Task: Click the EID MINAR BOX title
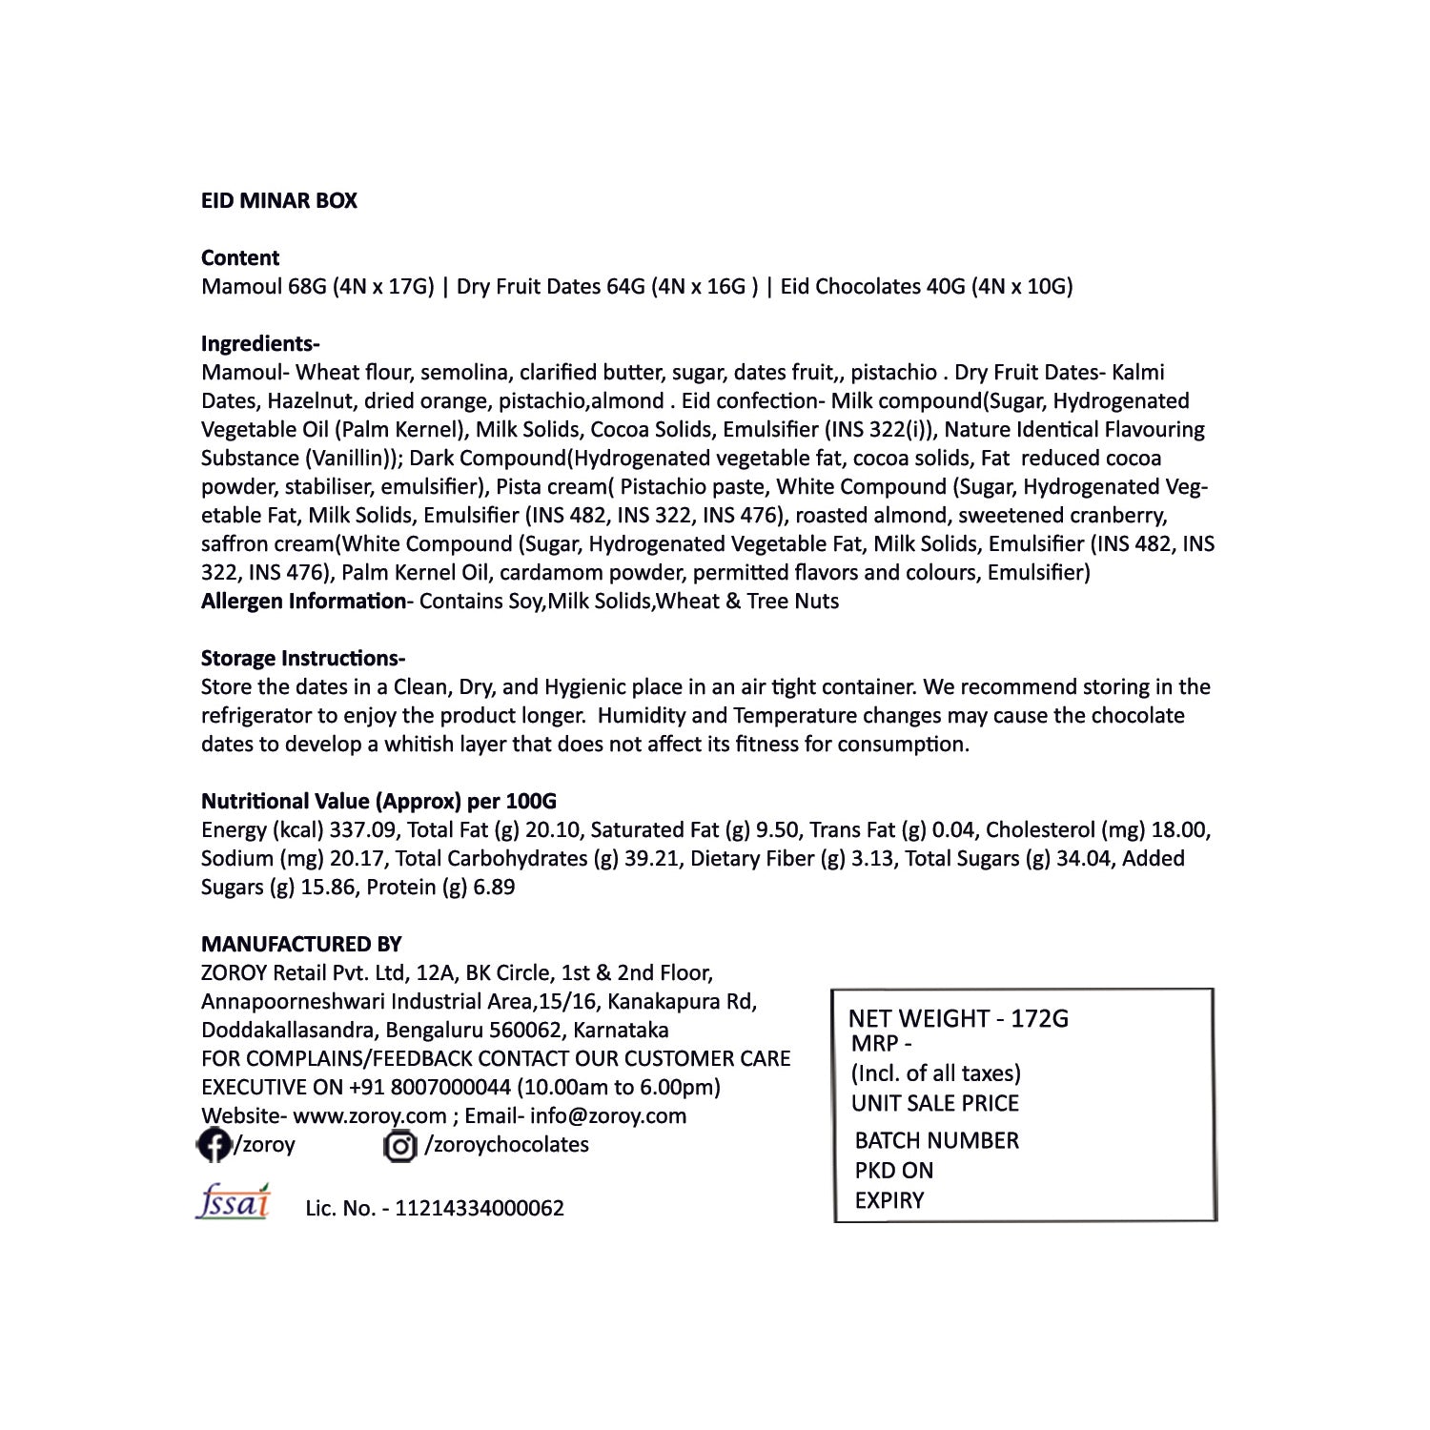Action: click(x=278, y=200)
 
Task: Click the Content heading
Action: click(x=240, y=257)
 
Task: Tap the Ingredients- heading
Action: click(x=260, y=343)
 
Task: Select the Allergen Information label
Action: click(x=303, y=601)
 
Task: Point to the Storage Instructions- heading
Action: click(x=303, y=658)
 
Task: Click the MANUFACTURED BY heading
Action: click(x=301, y=944)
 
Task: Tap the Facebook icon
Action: click(x=213, y=1144)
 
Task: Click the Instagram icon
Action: click(x=400, y=1145)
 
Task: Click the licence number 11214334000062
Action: click(x=479, y=1208)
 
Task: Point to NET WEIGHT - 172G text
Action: click(x=958, y=1018)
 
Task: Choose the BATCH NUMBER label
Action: click(x=936, y=1140)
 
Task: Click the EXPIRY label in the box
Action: click(x=889, y=1200)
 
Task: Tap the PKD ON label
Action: click(x=893, y=1170)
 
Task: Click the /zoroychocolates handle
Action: click(x=506, y=1144)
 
